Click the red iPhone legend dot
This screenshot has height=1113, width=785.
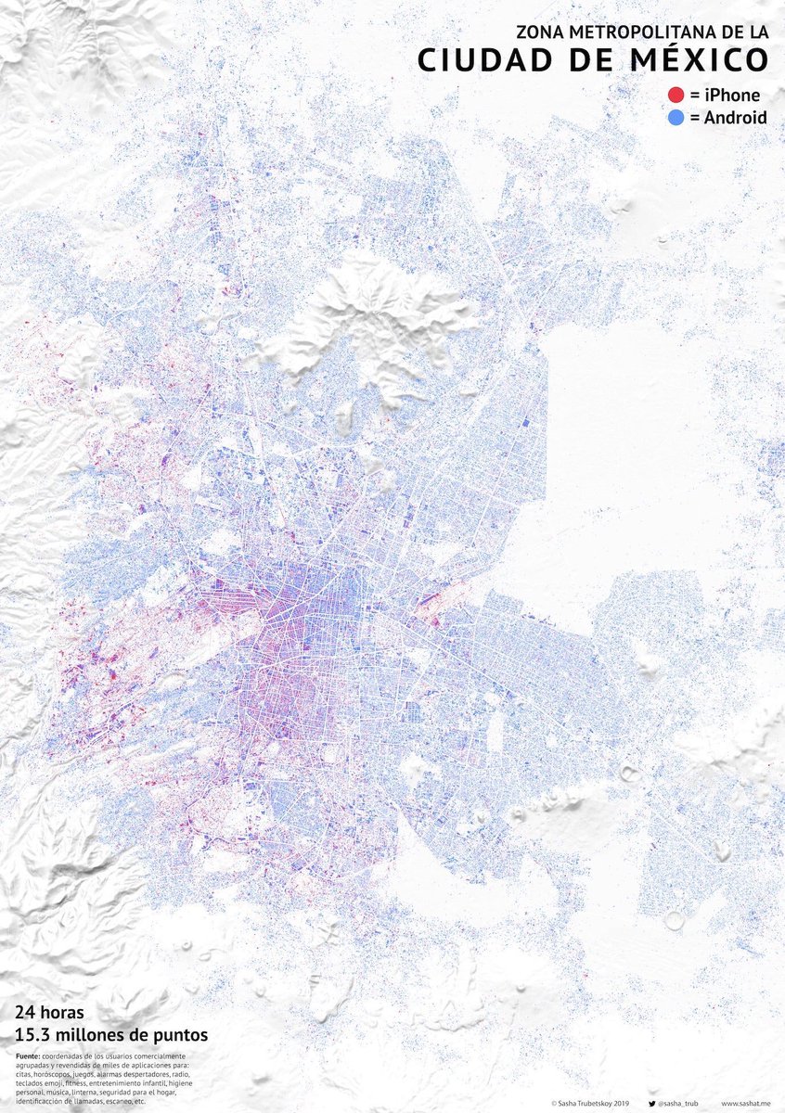tap(676, 95)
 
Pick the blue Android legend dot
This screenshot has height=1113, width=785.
tap(676, 118)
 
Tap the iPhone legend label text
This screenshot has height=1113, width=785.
tap(730, 95)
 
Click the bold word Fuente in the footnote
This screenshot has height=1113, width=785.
tap(28, 1057)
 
